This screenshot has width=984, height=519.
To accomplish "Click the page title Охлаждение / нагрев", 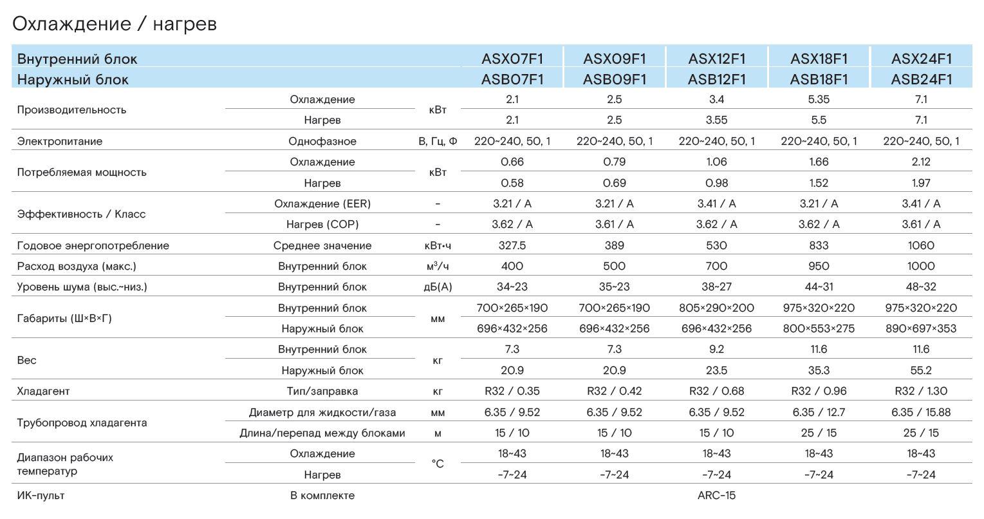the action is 114,24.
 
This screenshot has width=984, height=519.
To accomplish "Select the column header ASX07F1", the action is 512,59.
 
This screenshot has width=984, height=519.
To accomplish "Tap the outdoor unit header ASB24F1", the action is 921,79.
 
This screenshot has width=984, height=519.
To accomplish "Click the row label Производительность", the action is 71,110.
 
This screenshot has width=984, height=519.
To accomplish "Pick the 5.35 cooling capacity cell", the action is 819,99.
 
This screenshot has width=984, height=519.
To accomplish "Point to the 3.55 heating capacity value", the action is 716,120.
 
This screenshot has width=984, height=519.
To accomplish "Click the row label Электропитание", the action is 60,141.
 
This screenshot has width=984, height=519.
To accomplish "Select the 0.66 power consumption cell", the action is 512,162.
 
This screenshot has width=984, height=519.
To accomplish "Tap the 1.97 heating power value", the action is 921,183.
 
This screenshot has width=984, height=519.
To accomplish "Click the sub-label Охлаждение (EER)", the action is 322,203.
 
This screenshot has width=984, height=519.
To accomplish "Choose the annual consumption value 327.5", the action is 512,245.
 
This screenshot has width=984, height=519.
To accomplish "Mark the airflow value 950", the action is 819,266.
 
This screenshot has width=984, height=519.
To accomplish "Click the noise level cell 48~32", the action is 921,287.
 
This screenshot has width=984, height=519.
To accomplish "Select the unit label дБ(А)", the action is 438,287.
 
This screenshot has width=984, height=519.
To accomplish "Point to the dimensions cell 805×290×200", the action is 716,308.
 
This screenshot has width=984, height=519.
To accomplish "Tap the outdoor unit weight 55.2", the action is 921,370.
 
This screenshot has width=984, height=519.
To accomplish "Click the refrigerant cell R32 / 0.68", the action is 716,391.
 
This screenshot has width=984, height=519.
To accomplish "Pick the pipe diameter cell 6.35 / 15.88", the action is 921,411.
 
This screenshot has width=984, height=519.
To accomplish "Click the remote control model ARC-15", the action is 716,495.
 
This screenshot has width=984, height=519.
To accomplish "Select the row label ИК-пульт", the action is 41,496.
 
